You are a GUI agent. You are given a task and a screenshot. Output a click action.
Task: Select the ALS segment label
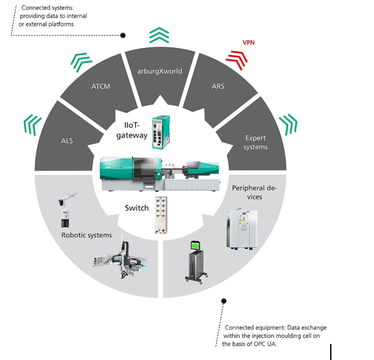tap(67, 141)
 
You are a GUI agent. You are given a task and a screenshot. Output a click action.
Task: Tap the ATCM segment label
tap(101, 86)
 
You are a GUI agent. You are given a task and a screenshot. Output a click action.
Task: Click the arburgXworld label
tap(160, 71)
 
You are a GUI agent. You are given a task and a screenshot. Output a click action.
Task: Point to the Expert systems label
tap(256, 143)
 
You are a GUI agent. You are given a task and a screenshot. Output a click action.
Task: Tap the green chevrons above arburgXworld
tap(159, 35)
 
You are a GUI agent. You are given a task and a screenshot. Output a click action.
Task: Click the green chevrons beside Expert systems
tap(287, 123)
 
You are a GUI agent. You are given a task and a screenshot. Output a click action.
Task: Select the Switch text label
tap(137, 208)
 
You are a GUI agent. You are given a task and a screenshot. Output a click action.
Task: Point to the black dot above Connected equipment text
tap(223, 301)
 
